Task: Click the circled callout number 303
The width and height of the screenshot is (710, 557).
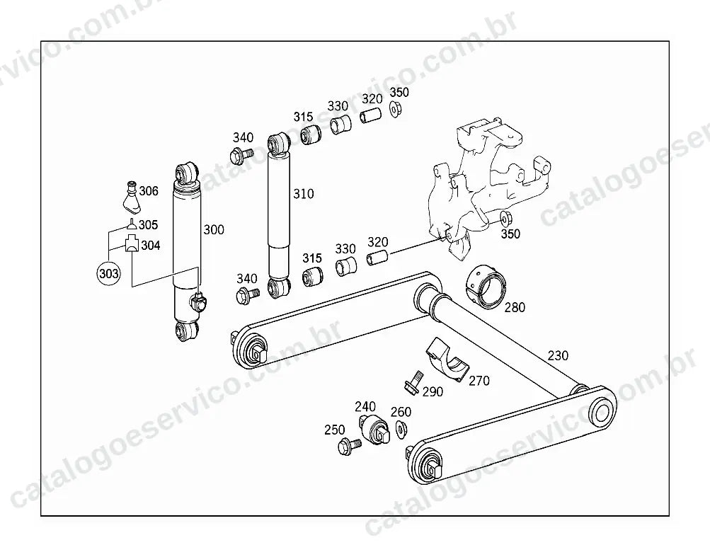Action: pos(109,273)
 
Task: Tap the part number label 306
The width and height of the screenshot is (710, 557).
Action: pos(149,191)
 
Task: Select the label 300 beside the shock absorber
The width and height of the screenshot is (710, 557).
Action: pos(214,230)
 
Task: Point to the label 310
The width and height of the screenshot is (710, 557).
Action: pos(304,194)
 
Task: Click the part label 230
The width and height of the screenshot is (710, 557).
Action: pos(558,355)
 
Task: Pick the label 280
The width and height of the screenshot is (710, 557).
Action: pos(515,307)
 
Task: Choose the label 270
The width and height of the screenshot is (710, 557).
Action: pos(479,381)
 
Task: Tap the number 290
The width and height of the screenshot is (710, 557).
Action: pos(433,391)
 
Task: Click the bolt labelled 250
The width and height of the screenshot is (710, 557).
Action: pos(350,447)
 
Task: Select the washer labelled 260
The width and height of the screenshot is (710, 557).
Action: pos(401,428)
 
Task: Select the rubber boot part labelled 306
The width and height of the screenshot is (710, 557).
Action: pos(132,197)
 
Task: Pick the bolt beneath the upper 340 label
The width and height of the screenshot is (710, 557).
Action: pos(242,156)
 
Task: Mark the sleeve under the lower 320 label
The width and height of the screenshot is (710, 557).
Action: pos(377,259)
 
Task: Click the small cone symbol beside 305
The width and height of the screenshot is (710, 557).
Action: pos(132,224)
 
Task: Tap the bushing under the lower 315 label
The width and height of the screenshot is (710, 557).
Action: pos(312,277)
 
